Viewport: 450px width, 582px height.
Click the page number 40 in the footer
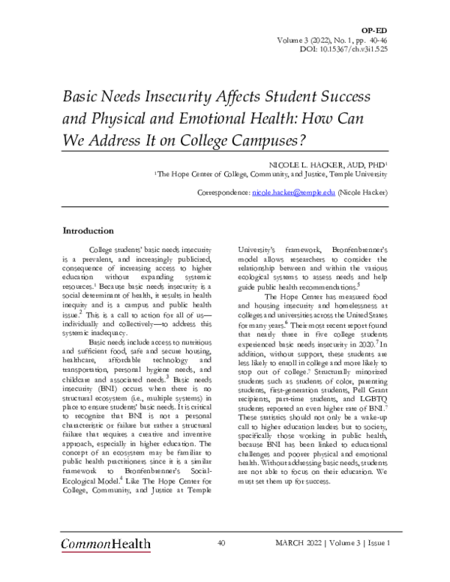(x=222, y=542)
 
